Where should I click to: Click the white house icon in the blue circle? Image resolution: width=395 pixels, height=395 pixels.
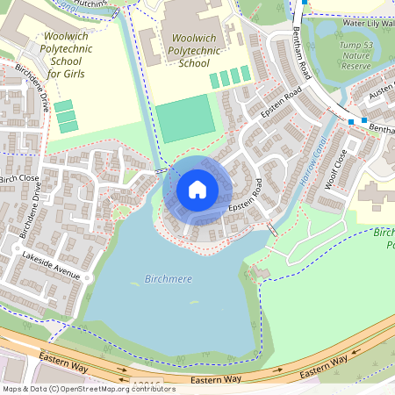(197, 190)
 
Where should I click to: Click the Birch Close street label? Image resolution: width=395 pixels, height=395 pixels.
(19, 178)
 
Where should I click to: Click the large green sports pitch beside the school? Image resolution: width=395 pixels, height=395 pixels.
(185, 120)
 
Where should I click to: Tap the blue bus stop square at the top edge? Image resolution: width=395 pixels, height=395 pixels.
(304, 3)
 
